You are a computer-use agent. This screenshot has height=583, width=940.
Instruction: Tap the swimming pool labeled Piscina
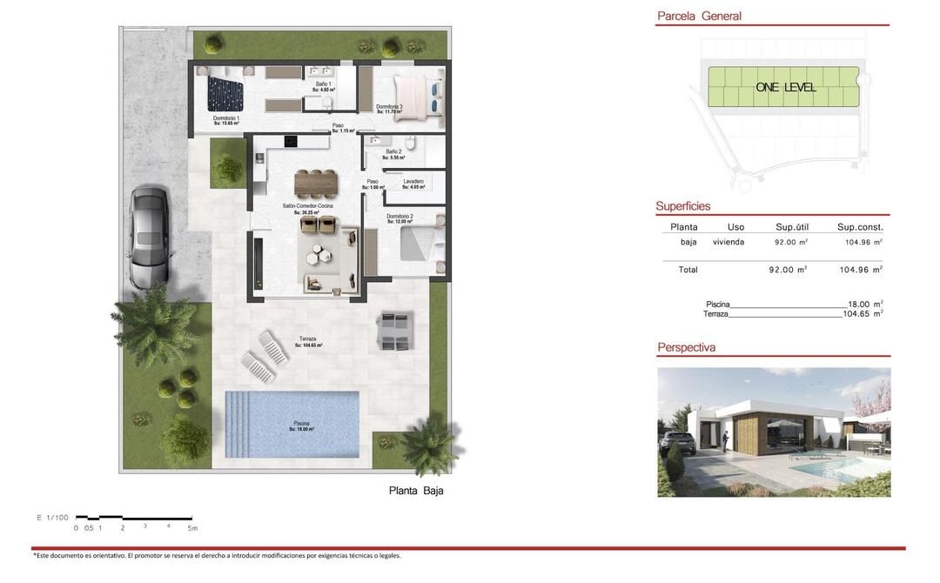tap(292, 424)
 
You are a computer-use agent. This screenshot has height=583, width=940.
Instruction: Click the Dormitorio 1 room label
tap(226, 118)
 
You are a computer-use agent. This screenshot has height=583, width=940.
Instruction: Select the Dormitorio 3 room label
tap(389, 107)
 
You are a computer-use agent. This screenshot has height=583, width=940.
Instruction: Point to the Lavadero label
tap(413, 181)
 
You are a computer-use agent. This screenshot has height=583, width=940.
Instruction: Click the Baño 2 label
tap(394, 151)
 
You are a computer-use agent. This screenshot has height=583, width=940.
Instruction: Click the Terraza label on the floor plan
tap(307, 339)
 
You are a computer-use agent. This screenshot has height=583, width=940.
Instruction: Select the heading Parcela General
tap(699, 16)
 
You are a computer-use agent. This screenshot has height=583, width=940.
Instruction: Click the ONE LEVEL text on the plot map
tap(786, 87)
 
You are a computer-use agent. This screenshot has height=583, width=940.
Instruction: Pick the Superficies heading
tap(683, 206)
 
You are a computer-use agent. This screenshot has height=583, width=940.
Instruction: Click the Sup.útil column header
tap(792, 227)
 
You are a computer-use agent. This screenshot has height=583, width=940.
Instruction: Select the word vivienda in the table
tap(728, 242)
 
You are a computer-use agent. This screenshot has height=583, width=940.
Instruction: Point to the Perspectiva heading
tap(687, 347)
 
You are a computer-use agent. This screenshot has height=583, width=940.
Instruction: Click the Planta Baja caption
tap(416, 491)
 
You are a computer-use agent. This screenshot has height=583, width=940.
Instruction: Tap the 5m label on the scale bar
tap(192, 528)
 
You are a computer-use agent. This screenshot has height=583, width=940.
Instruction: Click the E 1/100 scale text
tap(52, 518)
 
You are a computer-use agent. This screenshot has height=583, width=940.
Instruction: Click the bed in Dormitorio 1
tap(225, 90)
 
